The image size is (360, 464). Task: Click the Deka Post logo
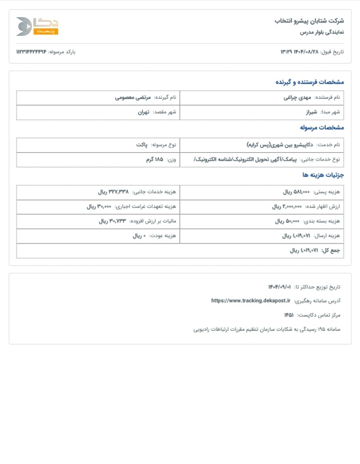(37, 26)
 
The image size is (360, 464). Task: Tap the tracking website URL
(251, 301)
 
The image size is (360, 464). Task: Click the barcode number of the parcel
(31, 52)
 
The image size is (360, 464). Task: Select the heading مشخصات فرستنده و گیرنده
(309, 82)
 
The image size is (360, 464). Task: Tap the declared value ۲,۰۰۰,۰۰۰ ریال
(287, 207)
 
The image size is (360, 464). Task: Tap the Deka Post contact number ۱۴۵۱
(289, 315)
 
